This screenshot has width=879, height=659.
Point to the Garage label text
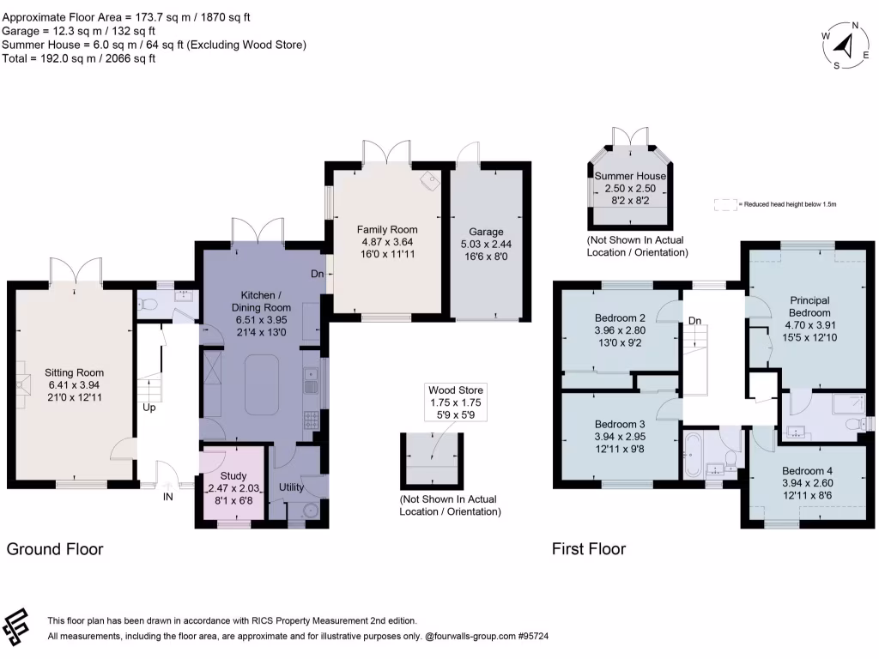coord(486,232)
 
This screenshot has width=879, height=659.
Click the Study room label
coord(233,475)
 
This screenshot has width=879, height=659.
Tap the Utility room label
coord(292,487)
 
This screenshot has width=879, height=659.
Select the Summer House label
coord(630,176)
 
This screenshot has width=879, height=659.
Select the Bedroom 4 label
coord(806,471)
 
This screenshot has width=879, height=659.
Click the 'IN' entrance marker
coord(168,496)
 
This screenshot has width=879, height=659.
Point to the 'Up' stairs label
coord(149,407)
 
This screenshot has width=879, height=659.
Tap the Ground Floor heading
coord(55,549)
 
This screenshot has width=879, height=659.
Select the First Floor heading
coord(588,549)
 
